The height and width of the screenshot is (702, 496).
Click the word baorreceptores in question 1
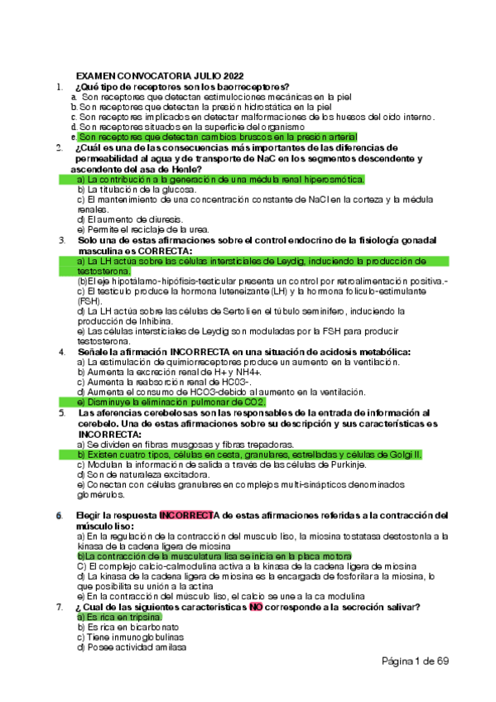pyautogui.click(x=250, y=86)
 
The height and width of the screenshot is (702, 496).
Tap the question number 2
pyautogui.click(x=59, y=148)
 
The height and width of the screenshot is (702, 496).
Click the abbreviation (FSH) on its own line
pyautogui.click(x=89, y=301)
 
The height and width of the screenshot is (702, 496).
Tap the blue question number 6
pyautogui.click(x=59, y=516)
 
